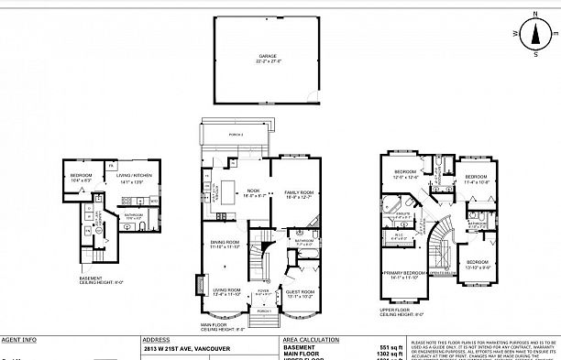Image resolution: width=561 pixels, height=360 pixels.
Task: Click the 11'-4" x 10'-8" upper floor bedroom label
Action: pyautogui.click(x=476, y=179)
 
